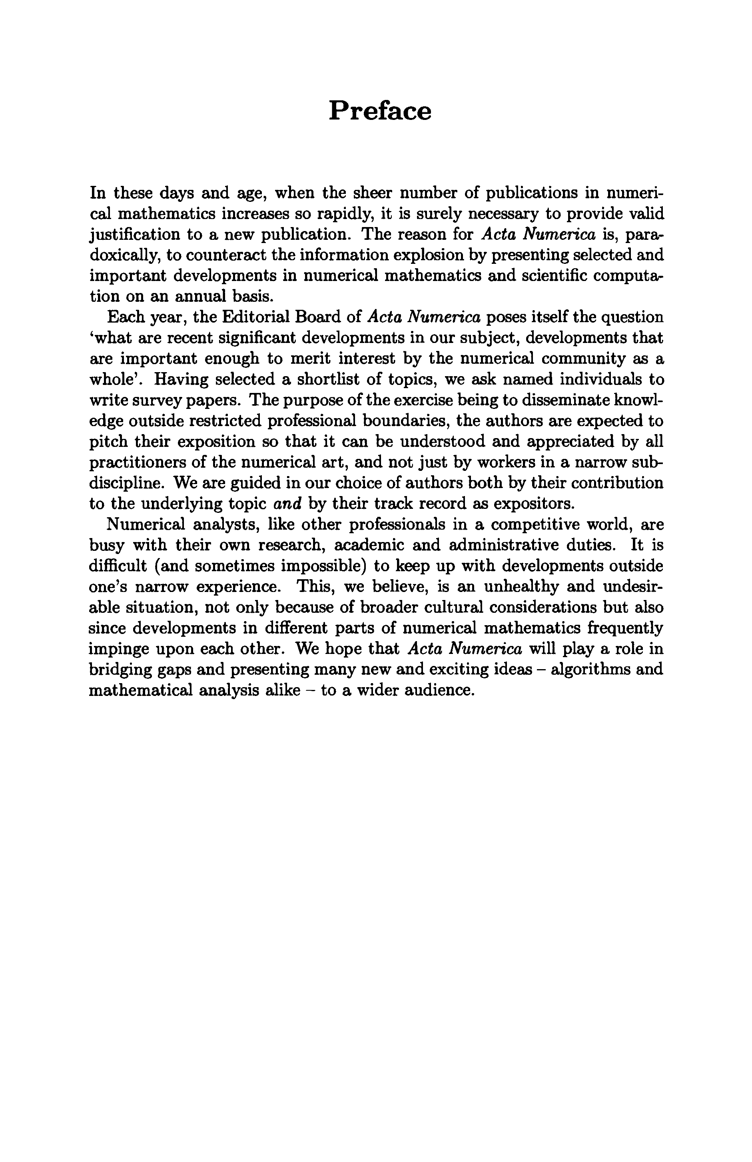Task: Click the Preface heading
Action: click(x=380, y=112)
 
